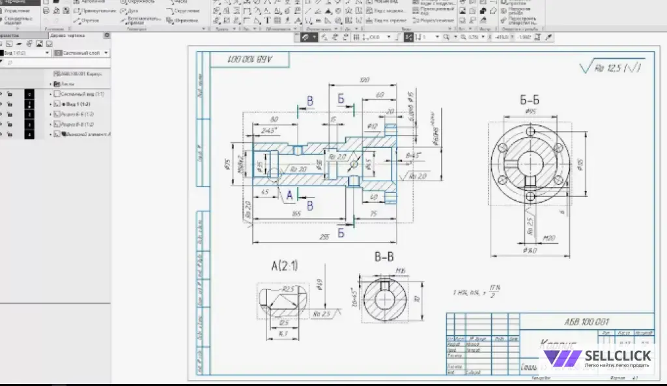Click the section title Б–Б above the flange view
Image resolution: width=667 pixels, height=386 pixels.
point(529,100)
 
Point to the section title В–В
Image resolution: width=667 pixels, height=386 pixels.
point(384,256)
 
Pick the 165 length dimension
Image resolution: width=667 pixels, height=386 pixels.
point(297,214)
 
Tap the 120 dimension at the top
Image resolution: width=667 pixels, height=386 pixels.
point(364,80)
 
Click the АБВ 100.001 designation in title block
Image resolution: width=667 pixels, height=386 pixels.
point(586,321)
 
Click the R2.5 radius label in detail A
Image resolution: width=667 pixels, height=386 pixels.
point(289,288)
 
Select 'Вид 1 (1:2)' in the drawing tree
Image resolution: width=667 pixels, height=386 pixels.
point(76,104)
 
